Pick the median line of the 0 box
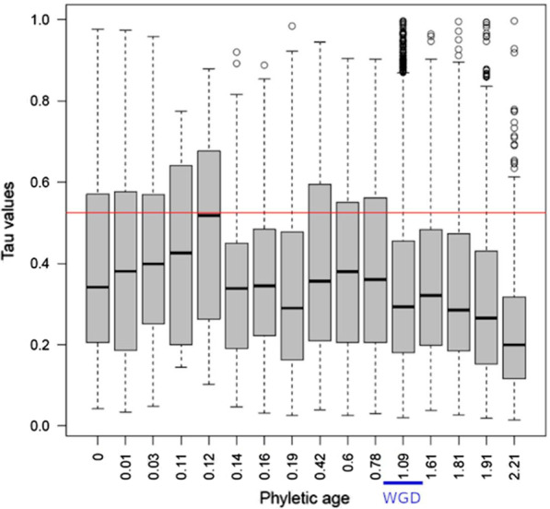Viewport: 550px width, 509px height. click(98, 287)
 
